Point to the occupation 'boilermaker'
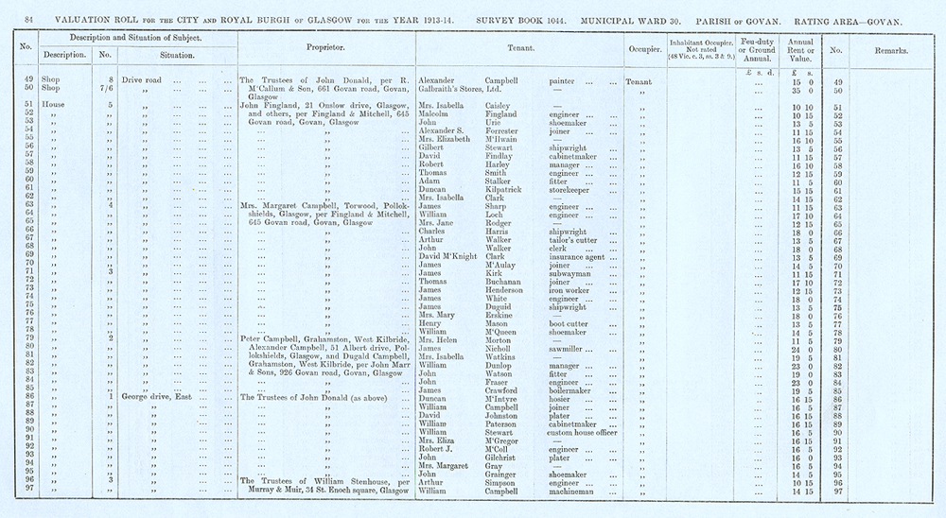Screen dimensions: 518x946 [575, 389]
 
